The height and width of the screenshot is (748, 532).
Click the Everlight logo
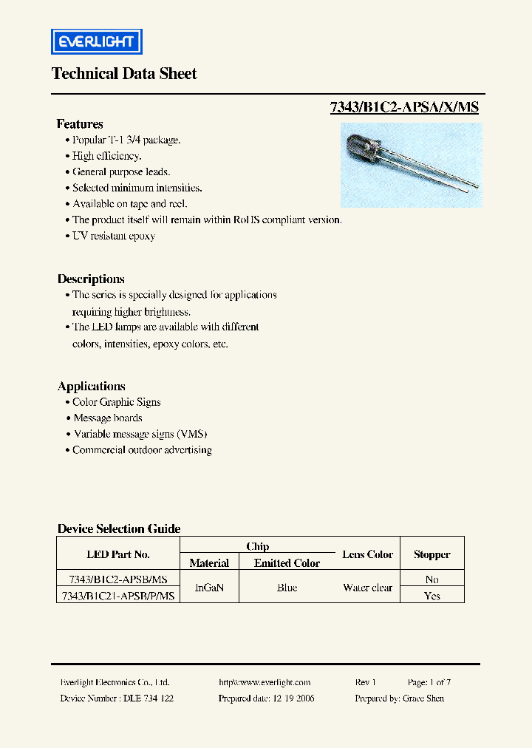(x=96, y=41)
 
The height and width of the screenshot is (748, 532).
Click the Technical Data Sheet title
(x=124, y=74)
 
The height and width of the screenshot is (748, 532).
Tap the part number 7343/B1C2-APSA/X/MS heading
(x=404, y=107)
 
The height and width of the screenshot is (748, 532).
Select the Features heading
(x=80, y=124)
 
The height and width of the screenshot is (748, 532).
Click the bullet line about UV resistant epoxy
(x=114, y=236)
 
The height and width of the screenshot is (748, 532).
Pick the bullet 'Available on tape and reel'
(x=129, y=203)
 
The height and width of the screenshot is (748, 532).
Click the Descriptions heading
(x=91, y=279)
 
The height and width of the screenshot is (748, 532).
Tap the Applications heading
(x=92, y=387)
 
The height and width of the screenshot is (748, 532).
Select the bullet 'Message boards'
(x=107, y=418)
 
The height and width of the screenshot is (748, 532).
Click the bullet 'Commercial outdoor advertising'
(x=142, y=450)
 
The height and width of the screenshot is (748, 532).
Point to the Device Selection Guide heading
(x=119, y=529)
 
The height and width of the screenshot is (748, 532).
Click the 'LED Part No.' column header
(x=118, y=554)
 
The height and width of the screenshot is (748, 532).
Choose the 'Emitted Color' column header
(x=287, y=563)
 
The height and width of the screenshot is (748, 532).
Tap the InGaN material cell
(x=209, y=588)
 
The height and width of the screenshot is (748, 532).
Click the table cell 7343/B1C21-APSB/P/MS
(x=118, y=596)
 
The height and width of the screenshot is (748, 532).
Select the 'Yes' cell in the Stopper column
(x=432, y=596)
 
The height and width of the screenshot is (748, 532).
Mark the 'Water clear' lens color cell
(x=367, y=588)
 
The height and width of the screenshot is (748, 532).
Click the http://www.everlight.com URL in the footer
(x=265, y=683)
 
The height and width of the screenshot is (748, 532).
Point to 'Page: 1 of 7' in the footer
(x=429, y=683)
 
